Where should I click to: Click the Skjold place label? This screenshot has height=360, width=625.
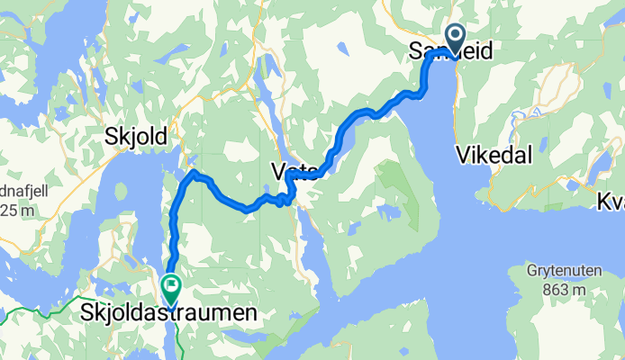point(136,137)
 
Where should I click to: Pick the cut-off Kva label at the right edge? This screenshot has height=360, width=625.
point(611,203)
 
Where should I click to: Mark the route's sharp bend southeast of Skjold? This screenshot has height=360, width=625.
point(195,171)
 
